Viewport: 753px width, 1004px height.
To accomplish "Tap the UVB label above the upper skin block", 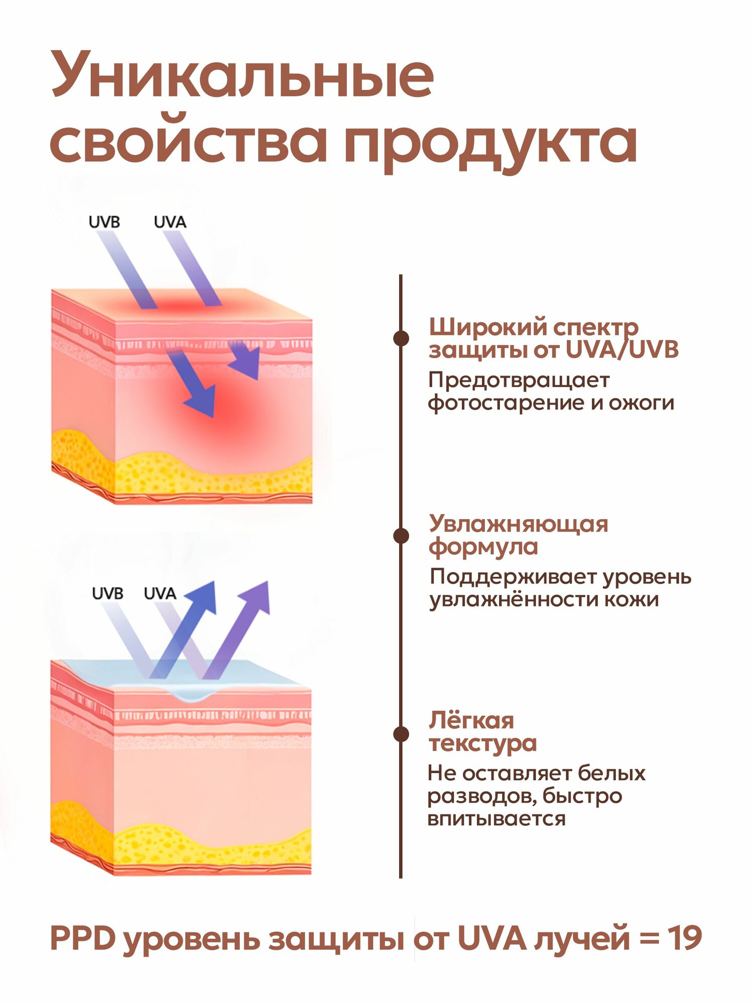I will (x=104, y=222).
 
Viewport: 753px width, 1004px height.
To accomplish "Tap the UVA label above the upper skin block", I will (x=170, y=222).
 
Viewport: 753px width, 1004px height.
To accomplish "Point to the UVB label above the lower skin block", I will (x=107, y=593).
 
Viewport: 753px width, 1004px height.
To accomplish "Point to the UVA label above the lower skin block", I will (x=160, y=593).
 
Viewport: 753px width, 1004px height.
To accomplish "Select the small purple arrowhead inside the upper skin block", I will (x=246, y=359).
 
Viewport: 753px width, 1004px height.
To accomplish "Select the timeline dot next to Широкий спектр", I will (x=401, y=338).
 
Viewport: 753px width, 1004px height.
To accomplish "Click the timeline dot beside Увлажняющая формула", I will (x=401, y=536).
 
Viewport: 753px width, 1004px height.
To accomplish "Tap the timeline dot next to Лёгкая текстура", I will (x=401, y=734).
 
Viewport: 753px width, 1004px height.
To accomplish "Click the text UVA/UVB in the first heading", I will (x=622, y=350).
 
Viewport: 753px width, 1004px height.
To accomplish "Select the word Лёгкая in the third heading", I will (x=471, y=721).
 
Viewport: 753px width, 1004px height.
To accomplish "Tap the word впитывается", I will (x=496, y=819).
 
